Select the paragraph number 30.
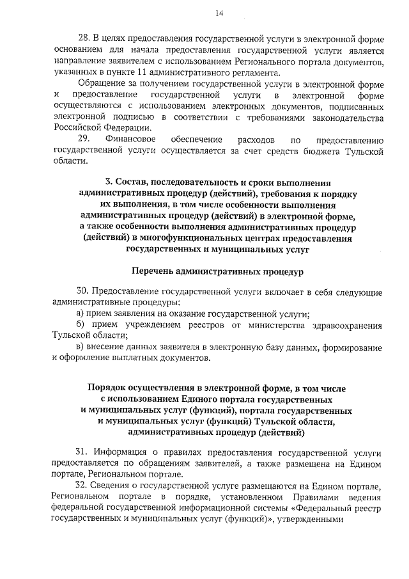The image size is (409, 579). click(x=82, y=292)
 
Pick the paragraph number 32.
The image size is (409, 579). click(x=82, y=487)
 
